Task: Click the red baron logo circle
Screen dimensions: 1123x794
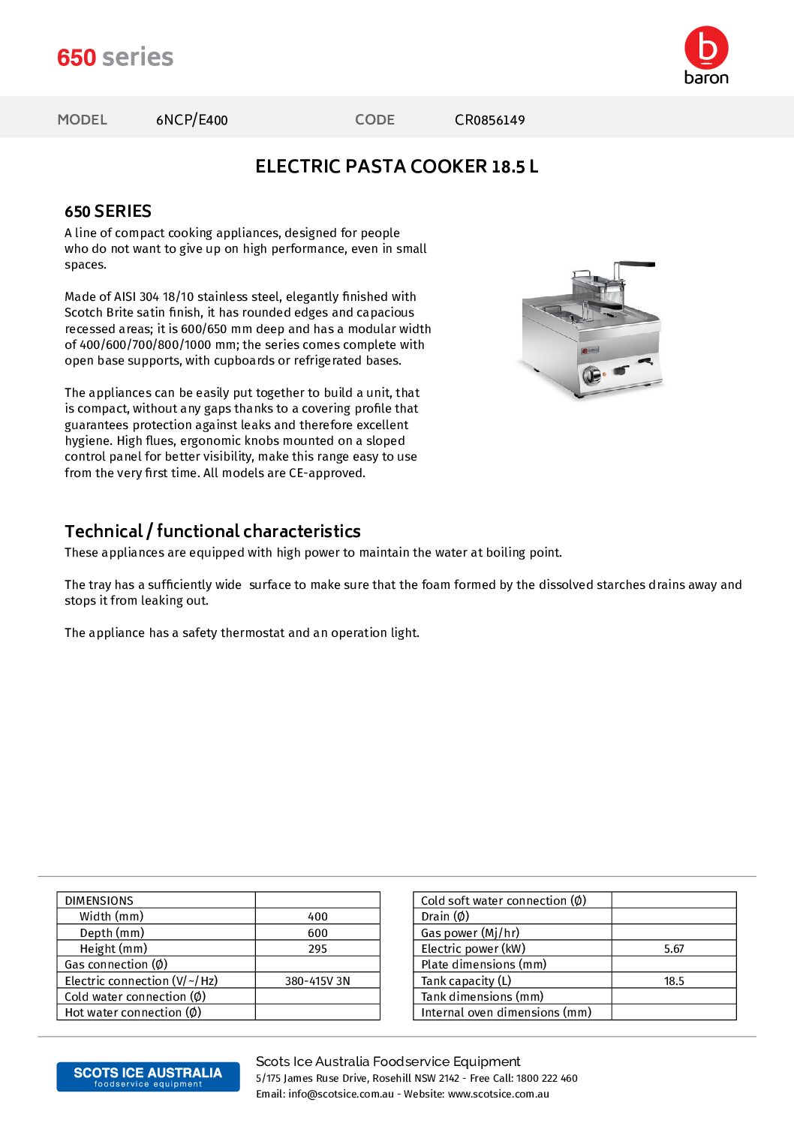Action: pos(706,48)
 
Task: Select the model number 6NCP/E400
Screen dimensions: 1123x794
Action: pos(191,120)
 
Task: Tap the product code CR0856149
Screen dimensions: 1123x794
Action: pos(489,120)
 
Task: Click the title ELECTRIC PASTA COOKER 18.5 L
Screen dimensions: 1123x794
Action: pos(396,167)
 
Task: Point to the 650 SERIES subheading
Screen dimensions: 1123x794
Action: pos(108,212)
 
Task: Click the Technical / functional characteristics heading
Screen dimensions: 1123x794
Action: pos(212,531)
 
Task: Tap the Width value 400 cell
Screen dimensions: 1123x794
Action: pos(317,917)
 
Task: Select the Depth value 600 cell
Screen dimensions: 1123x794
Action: pos(317,933)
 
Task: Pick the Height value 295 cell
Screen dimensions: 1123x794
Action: pos(317,949)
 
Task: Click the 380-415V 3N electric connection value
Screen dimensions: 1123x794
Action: pos(317,981)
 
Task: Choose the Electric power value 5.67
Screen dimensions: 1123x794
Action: pos(674,949)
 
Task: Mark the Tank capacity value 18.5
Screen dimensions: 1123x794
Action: pos(674,981)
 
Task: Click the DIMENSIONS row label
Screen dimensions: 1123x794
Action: pos(99,901)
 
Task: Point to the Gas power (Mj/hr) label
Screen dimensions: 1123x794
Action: pos(470,933)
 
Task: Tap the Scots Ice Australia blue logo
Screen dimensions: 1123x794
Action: pos(148,1076)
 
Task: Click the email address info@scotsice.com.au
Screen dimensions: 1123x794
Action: pos(341,1094)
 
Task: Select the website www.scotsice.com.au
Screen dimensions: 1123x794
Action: pos(498,1094)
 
